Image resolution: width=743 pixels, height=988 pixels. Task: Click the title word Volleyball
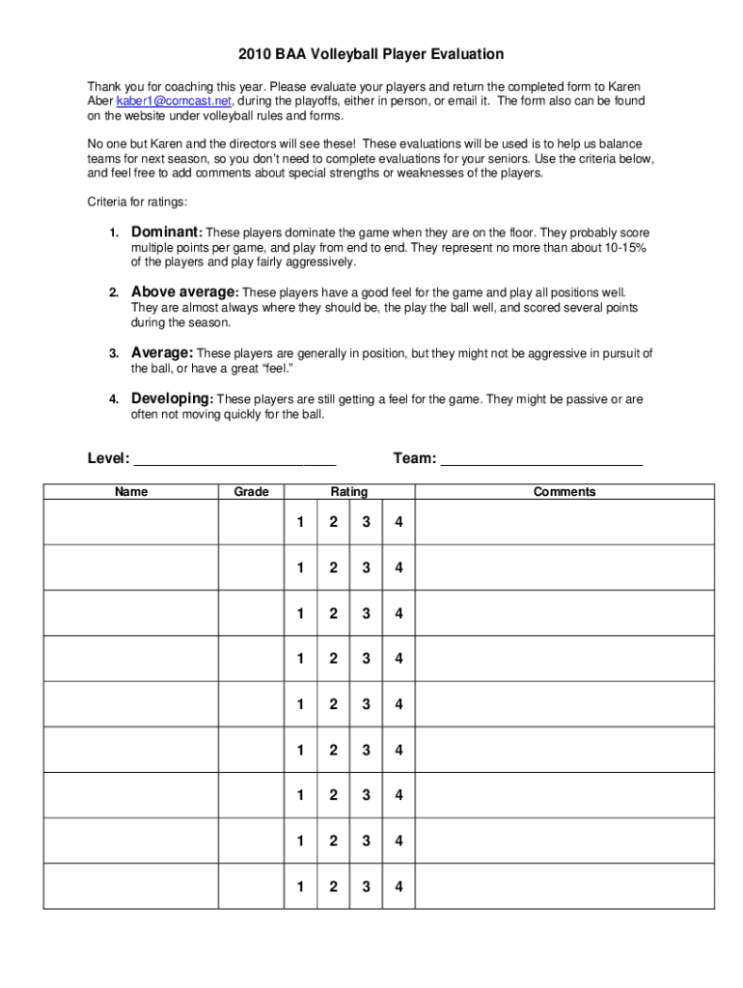tap(342, 54)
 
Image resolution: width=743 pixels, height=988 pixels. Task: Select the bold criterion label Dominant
tap(165, 233)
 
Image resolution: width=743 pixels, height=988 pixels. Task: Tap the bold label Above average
tap(183, 291)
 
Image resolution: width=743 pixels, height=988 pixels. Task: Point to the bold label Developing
tap(171, 398)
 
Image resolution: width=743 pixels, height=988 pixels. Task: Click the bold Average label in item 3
tap(161, 352)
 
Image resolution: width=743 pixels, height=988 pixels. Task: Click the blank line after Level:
tap(234, 460)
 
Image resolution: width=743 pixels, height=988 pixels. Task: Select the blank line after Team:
tap(541, 460)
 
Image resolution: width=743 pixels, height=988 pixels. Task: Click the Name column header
tap(131, 492)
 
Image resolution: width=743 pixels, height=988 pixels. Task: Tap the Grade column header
tap(252, 492)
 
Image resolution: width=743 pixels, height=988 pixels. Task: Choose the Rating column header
tap(349, 492)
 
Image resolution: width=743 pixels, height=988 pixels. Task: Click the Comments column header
tap(564, 492)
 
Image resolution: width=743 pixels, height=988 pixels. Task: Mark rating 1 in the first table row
tap(301, 523)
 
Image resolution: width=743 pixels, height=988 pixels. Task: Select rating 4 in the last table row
tap(399, 887)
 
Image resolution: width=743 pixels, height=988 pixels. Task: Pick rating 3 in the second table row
tap(366, 568)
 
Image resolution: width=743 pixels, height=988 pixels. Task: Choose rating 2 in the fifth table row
tap(333, 704)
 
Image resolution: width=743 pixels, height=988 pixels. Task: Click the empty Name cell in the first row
tap(131, 523)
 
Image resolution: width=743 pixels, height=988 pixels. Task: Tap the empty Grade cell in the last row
tap(252, 887)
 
